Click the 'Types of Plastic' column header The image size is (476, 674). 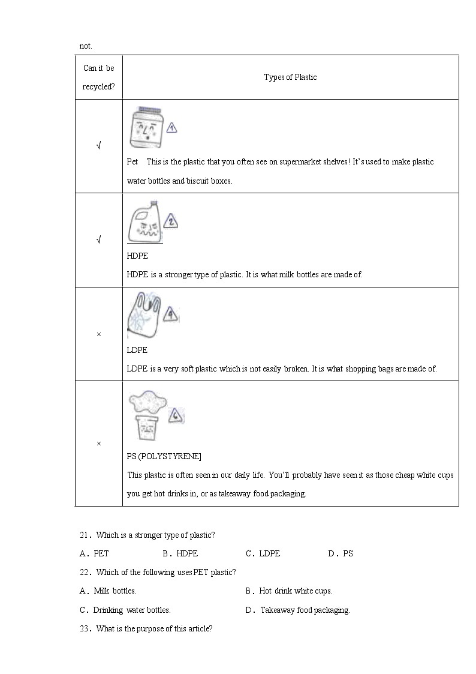point(290,77)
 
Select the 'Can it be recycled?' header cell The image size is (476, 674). point(98,77)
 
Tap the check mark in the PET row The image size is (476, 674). point(98,146)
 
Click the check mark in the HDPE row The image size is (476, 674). point(98,240)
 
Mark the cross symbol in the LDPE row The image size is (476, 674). point(98,334)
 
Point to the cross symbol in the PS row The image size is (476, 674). point(98,444)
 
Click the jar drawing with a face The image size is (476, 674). point(146,127)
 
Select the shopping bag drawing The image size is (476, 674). point(143,314)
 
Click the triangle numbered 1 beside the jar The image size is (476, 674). point(171,127)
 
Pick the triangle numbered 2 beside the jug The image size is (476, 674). point(171,221)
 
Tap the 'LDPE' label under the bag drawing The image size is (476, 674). point(137,350)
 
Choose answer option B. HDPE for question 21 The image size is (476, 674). point(180,553)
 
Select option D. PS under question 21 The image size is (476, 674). point(341,553)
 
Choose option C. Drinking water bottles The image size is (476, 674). point(125,610)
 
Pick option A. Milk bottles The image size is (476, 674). point(109,591)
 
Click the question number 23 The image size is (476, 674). point(85,629)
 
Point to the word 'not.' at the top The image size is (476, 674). point(86,46)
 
